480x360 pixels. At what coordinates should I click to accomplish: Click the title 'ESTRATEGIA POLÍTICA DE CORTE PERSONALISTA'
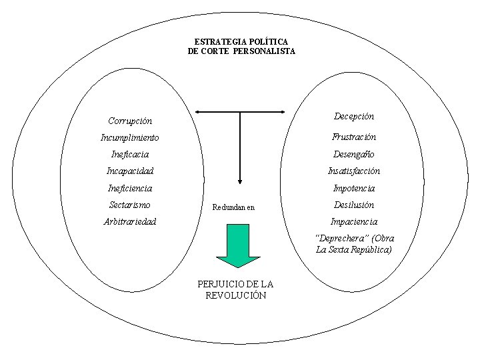[x=241, y=46]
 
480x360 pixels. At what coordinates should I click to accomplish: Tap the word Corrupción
[x=130, y=121]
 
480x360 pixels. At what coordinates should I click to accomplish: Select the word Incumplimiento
[x=130, y=138]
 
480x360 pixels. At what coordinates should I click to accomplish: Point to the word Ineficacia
[x=130, y=155]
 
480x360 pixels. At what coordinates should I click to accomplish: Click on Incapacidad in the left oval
[x=130, y=171]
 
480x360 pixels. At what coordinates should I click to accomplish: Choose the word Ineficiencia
[x=130, y=189]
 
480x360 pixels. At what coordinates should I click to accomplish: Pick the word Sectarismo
[x=129, y=205]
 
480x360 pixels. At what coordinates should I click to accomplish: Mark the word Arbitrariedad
[x=130, y=221]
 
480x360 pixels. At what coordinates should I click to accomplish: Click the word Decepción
[x=354, y=116]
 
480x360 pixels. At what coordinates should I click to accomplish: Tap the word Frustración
[x=354, y=137]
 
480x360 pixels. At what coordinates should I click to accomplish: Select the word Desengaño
[x=354, y=155]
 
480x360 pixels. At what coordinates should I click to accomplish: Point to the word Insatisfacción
[x=354, y=171]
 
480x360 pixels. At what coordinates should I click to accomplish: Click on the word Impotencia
[x=354, y=189]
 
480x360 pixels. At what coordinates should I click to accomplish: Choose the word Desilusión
[x=354, y=205]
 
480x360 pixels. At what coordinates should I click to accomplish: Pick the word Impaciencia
[x=354, y=221]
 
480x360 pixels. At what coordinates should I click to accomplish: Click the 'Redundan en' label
[x=233, y=207]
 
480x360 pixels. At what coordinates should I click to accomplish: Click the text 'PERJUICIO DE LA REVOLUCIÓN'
[x=235, y=289]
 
